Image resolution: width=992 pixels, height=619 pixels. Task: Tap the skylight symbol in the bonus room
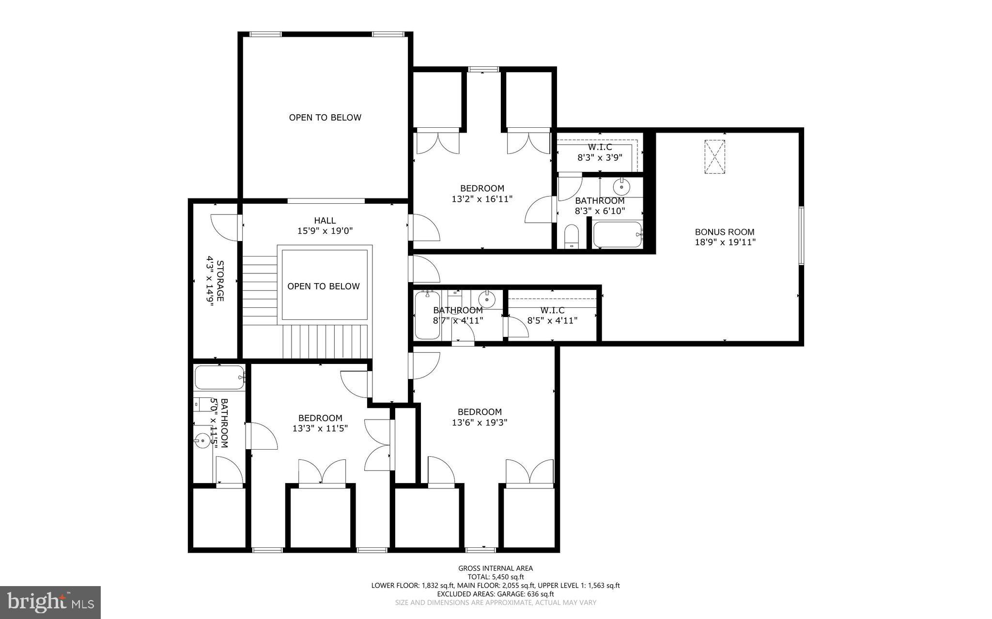pos(714,156)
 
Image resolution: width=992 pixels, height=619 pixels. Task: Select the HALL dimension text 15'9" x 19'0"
pos(325,231)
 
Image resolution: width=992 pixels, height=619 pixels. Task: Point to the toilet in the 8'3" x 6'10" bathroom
pos(572,236)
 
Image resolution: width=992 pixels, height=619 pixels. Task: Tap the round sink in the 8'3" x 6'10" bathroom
pos(621,186)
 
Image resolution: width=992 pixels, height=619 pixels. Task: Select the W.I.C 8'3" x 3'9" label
pos(600,152)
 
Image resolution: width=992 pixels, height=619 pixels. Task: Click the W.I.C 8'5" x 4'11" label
pos(552,315)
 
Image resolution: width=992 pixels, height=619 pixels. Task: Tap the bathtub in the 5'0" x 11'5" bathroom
pos(219,377)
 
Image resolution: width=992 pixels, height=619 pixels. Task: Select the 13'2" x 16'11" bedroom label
pos(482,193)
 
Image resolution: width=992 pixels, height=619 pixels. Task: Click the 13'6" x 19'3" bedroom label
pos(480,417)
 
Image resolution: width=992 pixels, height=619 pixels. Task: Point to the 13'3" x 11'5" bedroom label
pos(320,423)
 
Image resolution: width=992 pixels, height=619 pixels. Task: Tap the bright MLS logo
pos(50,602)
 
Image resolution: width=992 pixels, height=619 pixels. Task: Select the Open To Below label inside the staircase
pos(324,287)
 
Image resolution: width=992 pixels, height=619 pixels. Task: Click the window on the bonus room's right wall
pos(801,236)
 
